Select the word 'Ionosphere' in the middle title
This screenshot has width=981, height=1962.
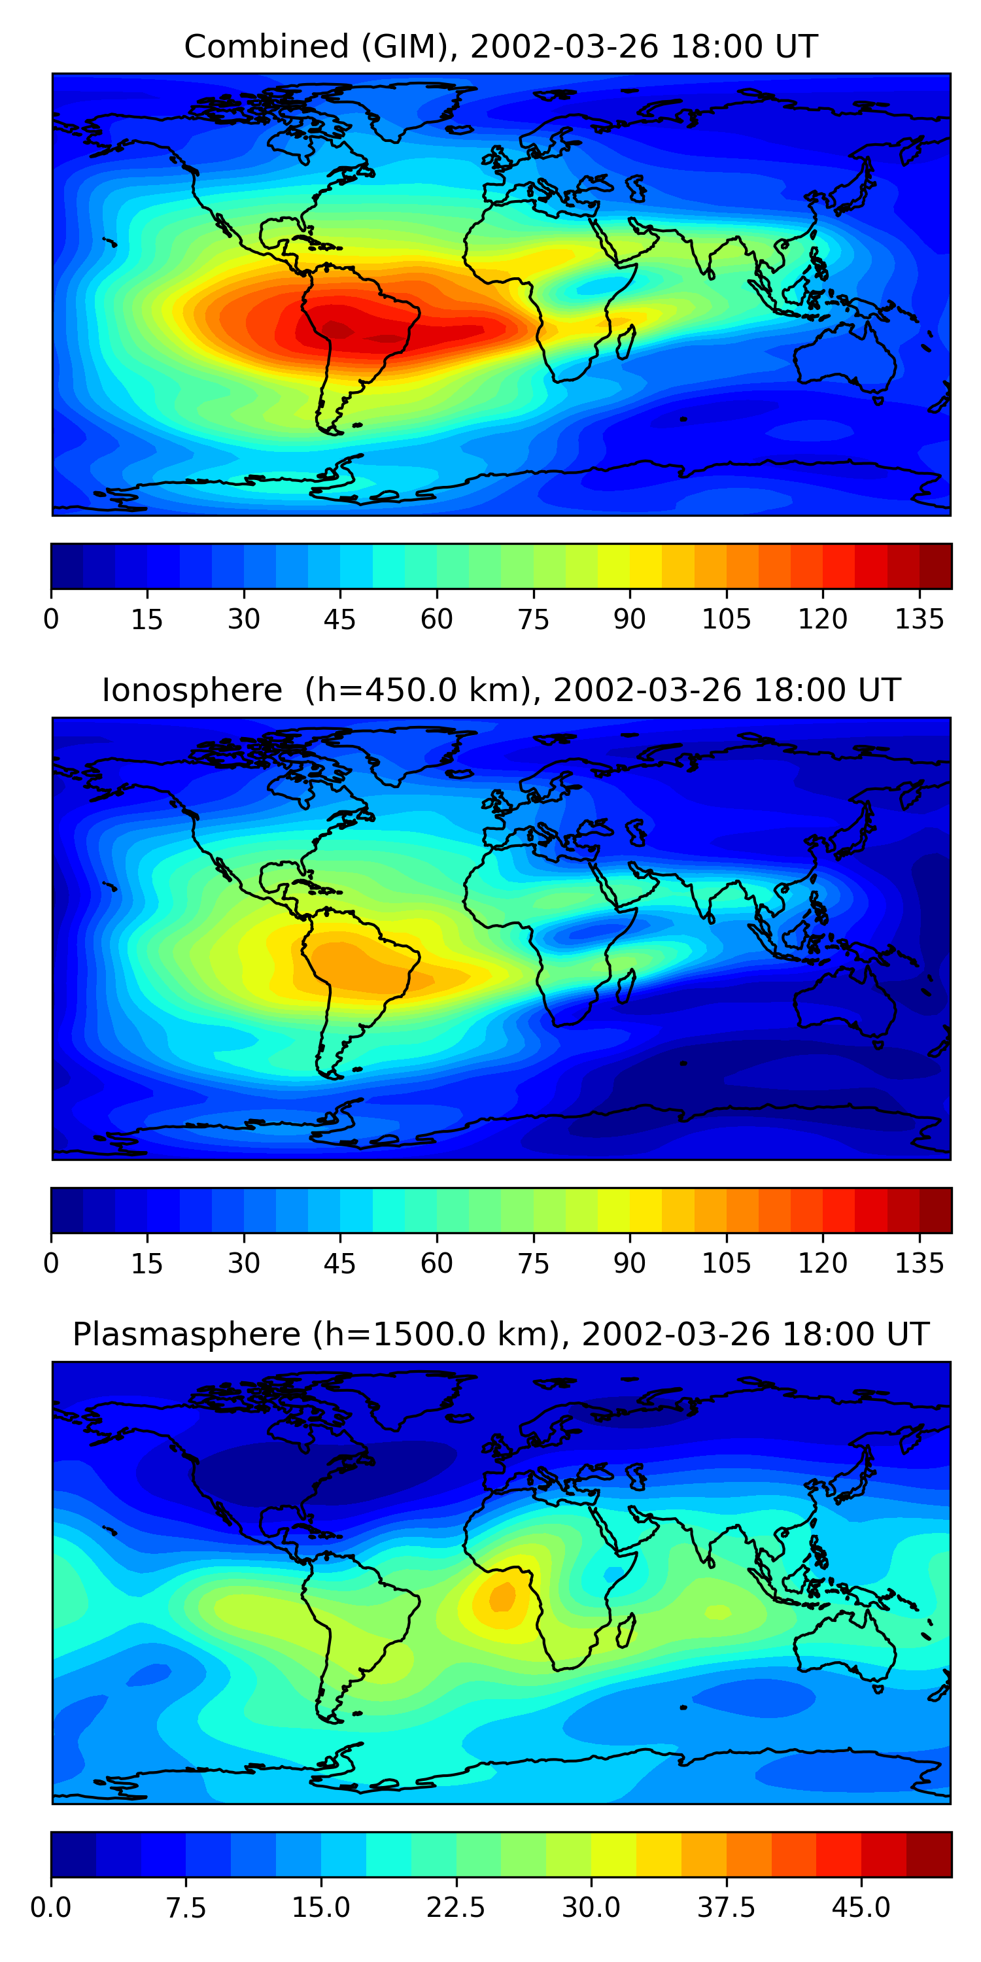[x=192, y=690]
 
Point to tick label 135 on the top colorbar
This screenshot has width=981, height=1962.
[x=919, y=619]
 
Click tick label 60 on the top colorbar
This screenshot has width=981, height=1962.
[x=436, y=619]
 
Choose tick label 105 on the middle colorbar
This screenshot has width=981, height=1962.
[x=726, y=1263]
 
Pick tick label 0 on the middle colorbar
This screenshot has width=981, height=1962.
[x=51, y=1263]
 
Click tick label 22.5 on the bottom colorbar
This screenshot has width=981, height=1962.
[x=455, y=1907]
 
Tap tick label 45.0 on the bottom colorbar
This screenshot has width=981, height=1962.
[x=861, y=1907]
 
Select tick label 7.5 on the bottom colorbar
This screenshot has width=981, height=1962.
[x=186, y=1907]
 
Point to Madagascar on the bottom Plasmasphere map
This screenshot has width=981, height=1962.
[x=626, y=1630]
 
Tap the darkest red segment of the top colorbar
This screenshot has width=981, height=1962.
[x=935, y=566]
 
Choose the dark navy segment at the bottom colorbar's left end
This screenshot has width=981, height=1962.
[x=73, y=1854]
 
